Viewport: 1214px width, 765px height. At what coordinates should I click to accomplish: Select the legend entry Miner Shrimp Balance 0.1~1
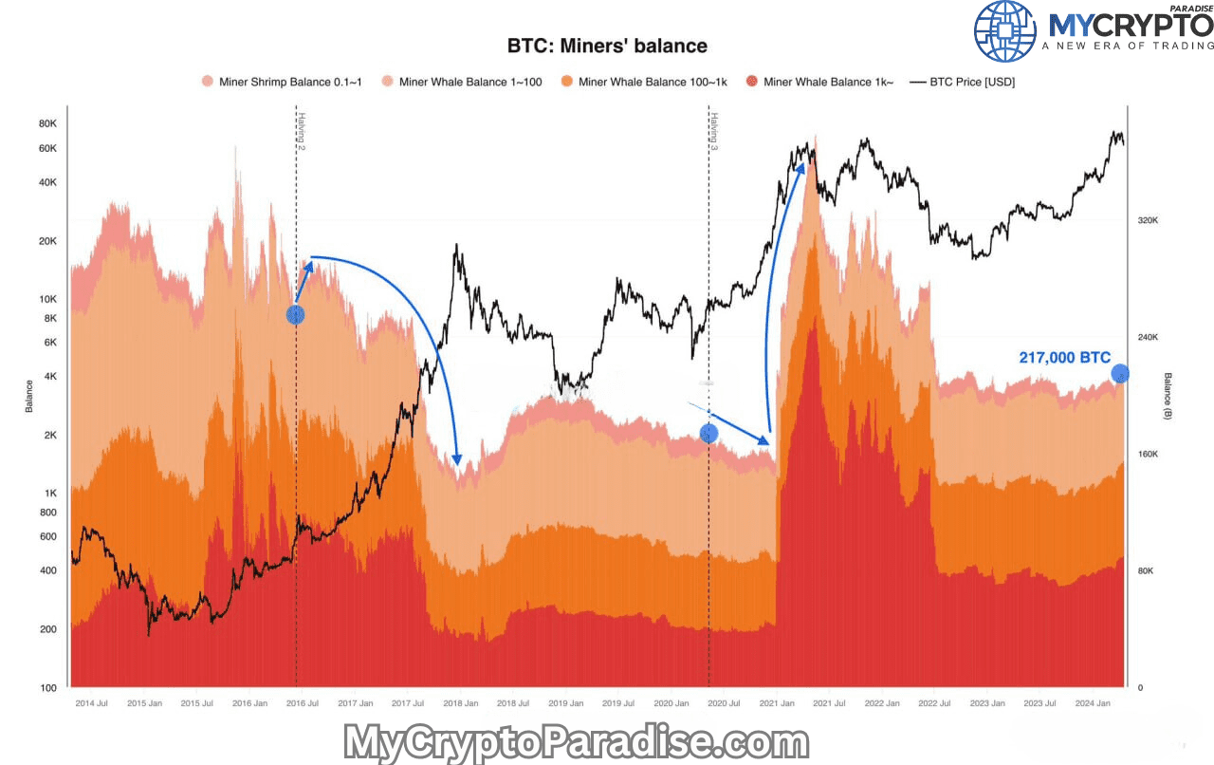(x=282, y=82)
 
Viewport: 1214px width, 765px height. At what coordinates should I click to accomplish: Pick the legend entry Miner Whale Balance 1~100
(x=462, y=82)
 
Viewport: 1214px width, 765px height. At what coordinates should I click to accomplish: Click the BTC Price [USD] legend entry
(x=963, y=82)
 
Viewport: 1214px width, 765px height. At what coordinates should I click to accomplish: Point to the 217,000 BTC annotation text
(x=1064, y=358)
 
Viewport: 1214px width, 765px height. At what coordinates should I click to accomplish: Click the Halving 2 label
(x=301, y=132)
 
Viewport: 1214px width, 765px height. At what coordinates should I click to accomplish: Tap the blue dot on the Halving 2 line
(x=295, y=314)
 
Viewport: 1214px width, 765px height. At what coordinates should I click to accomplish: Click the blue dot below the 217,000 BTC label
(x=1120, y=374)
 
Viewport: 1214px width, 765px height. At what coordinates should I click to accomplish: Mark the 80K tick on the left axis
(x=47, y=123)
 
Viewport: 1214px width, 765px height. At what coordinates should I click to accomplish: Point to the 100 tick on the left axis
(x=47, y=687)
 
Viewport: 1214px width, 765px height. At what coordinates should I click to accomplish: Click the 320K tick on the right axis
(x=1149, y=220)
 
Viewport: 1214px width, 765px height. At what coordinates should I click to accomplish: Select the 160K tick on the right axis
(x=1149, y=454)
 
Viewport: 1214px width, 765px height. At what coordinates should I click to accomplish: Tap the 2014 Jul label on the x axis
(x=90, y=703)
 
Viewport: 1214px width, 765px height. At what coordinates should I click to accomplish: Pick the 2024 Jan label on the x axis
(x=1093, y=703)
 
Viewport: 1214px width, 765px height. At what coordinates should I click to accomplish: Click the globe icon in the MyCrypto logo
(x=1006, y=31)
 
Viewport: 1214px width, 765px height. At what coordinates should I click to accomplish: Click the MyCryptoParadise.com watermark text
(x=576, y=741)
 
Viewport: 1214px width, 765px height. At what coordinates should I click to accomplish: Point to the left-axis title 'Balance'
(x=29, y=396)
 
